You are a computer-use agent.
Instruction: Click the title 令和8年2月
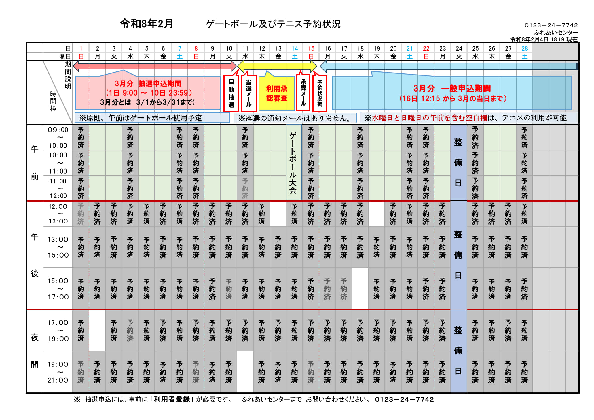[146, 24]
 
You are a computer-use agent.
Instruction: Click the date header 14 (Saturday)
[295, 48]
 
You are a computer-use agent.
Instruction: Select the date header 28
[525, 48]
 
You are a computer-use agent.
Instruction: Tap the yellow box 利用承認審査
[277, 93]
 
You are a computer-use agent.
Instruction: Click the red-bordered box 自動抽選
[231, 93]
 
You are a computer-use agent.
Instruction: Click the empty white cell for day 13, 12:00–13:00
[278, 214]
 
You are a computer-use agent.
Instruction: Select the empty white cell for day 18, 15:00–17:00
[360, 288]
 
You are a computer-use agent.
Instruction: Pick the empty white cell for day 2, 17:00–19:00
[97, 330]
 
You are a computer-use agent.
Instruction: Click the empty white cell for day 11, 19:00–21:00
[245, 372]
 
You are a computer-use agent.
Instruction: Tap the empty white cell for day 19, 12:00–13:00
[377, 214]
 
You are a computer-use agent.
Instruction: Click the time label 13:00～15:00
[58, 247]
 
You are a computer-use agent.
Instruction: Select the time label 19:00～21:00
[58, 372]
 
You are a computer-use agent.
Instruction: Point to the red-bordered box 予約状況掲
[320, 93]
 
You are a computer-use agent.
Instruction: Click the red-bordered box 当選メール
[248, 93]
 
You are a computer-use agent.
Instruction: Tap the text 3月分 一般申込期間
[452, 88]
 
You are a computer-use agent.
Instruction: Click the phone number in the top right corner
[551, 25]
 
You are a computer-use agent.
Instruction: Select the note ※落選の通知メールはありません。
[295, 118]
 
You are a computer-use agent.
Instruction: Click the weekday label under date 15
[311, 56]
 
